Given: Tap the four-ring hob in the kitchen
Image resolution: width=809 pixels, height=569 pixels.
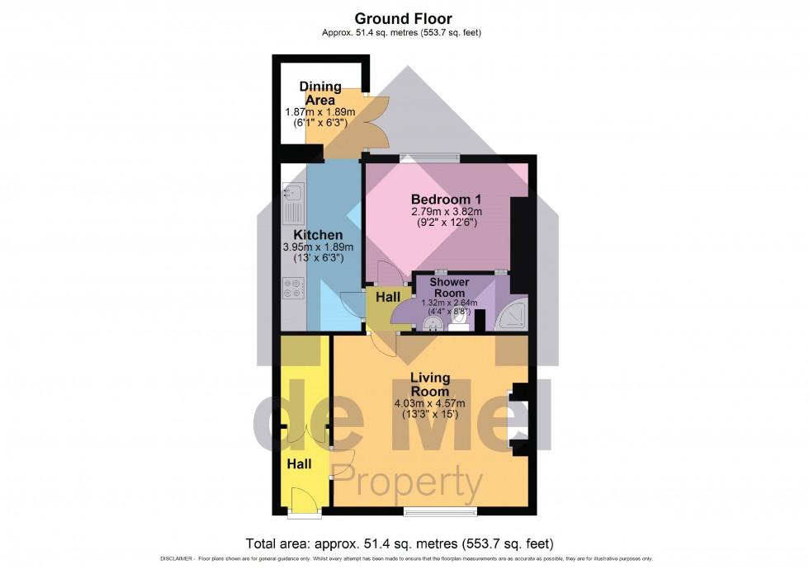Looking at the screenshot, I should click(293, 288).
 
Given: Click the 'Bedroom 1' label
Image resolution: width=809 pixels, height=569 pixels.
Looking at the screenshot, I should click(447, 200).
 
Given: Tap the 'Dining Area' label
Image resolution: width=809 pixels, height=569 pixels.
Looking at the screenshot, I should click(319, 93).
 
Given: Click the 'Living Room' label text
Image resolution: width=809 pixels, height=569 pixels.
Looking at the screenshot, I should click(430, 384).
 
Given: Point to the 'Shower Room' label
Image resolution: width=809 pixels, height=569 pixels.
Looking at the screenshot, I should click(448, 288).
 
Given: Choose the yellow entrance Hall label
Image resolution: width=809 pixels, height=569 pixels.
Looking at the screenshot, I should click(299, 465).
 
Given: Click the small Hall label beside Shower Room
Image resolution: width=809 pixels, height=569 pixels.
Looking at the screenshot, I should click(387, 297).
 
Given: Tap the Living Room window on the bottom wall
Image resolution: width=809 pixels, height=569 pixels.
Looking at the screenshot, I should click(440, 511).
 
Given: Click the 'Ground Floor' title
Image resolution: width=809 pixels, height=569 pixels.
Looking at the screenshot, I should click(404, 18).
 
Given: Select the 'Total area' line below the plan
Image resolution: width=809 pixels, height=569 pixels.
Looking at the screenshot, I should click(400, 544).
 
